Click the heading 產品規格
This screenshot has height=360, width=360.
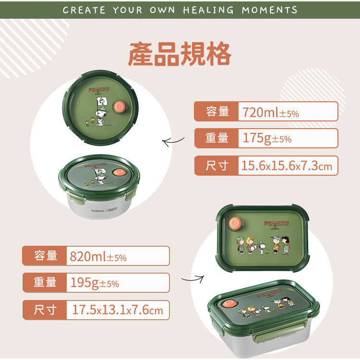coord(180,55)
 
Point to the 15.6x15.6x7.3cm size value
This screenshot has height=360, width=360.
coord(286,166)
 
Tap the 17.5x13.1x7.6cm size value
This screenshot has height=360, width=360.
coord(118,310)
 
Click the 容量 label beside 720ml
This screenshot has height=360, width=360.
coord(217,112)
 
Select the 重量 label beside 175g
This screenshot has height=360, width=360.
coord(217,138)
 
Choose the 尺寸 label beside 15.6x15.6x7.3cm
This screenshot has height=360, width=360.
coord(217,166)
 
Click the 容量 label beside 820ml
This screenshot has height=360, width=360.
coord(46,256)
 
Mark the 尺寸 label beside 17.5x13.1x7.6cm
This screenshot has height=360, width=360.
coord(46,310)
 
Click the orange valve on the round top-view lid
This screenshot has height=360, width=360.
coord(120,107)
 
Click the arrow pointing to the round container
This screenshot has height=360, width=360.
coord(173,141)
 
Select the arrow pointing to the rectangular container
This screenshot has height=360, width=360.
coord(192,278)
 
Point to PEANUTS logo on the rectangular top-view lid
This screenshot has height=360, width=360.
coord(276,224)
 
